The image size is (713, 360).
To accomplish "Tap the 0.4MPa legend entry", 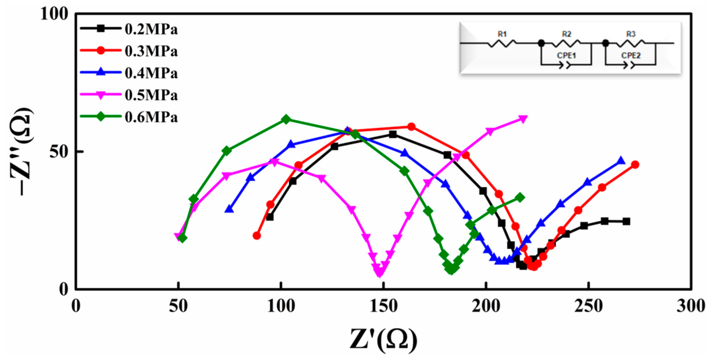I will [x=151, y=73].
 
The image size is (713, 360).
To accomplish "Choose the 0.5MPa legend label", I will [x=151, y=95].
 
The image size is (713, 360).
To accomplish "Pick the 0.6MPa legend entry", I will [x=151, y=117].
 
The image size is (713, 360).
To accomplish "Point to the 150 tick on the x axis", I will [x=383, y=306].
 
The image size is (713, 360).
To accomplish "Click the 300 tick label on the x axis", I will [x=691, y=306].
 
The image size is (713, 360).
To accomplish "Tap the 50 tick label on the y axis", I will [x=59, y=152].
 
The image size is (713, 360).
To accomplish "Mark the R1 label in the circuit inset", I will [x=502, y=34].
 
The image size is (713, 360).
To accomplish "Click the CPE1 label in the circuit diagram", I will [x=566, y=56].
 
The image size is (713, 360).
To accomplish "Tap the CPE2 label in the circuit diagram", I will [x=631, y=56].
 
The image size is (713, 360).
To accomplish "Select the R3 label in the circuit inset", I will [x=631, y=34].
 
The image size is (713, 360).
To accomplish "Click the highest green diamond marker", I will [x=286, y=119].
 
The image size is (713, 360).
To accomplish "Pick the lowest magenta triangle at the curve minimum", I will [x=380, y=273].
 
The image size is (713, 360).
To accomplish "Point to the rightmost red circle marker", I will [x=635, y=165].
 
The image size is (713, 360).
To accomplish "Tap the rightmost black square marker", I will [x=627, y=221].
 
